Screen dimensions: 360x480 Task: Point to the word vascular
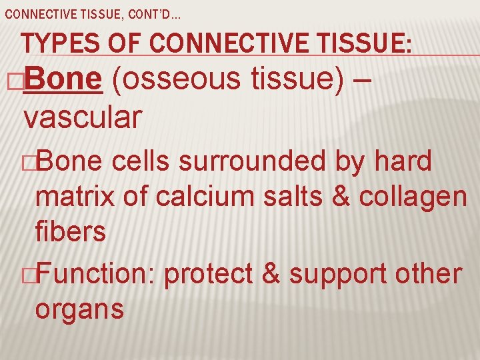pos(82,117)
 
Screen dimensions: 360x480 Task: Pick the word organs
pos(79,311)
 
